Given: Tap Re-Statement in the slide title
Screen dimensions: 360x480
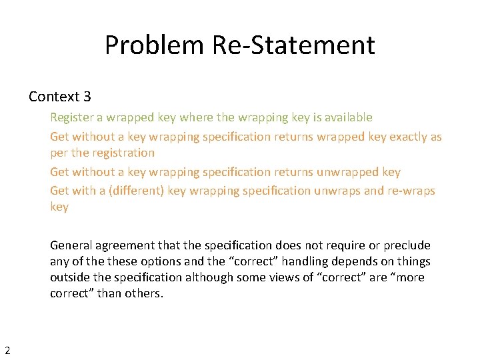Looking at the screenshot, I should tap(293, 45).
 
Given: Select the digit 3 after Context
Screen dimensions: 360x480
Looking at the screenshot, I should tap(86, 97).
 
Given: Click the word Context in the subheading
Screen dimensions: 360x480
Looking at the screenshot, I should tap(54, 97).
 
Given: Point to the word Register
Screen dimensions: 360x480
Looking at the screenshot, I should tap(71, 117).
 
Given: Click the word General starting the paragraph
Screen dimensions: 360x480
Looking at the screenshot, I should tap(71, 245).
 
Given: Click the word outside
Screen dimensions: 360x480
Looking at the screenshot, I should tap(70, 277).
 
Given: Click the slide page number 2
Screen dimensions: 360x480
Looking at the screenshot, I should tap(7, 349).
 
